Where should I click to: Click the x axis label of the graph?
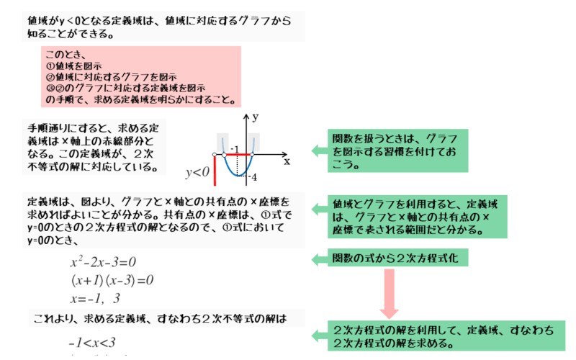click(287, 161)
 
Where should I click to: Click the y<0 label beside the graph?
click(197, 172)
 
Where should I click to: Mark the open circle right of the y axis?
click(252, 155)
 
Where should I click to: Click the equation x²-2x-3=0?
click(103, 262)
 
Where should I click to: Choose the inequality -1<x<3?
click(91, 343)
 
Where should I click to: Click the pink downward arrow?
click(390, 295)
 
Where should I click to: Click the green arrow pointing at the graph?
click(319, 150)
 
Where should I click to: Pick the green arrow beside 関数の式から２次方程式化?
click(319, 258)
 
